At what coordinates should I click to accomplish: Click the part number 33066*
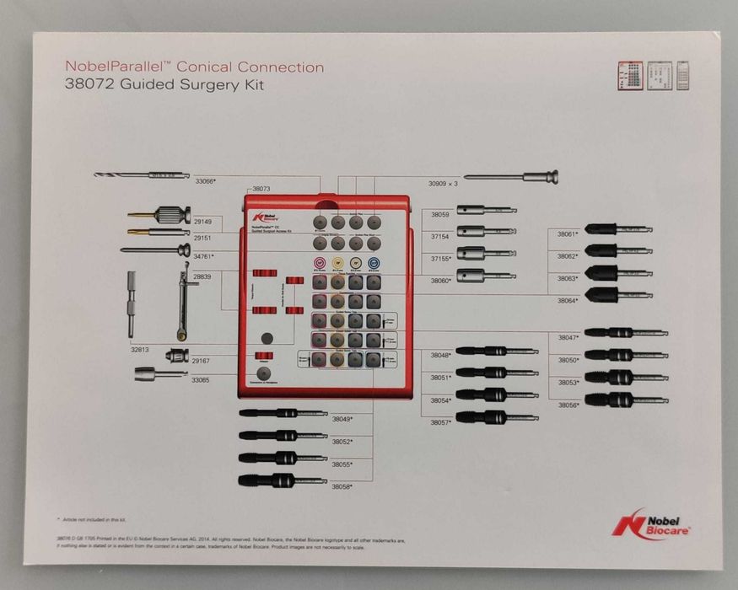(206, 181)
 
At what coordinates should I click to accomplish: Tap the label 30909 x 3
(443, 183)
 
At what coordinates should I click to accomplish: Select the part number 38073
(261, 190)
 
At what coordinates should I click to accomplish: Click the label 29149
(202, 222)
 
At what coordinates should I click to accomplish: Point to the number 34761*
(203, 255)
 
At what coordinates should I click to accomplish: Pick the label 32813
(140, 347)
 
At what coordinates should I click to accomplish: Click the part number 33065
(201, 380)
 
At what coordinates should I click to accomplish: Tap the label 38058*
(342, 487)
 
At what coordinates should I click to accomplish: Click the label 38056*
(568, 405)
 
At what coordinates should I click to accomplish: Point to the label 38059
(440, 215)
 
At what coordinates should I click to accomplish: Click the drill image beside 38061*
(617, 228)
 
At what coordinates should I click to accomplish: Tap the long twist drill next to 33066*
(142, 174)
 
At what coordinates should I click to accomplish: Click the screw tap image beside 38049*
(283, 413)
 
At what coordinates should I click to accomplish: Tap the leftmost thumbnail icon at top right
(629, 75)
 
